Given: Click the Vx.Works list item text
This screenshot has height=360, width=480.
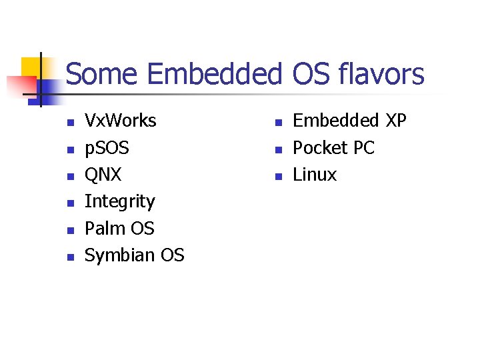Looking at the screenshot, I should click(x=121, y=121).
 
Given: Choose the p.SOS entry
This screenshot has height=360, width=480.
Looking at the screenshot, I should click(x=107, y=148).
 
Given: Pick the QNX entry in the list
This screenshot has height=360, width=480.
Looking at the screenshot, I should click(x=103, y=175).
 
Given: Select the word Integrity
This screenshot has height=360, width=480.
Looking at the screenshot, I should click(x=120, y=202).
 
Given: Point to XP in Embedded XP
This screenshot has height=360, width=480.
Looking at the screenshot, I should click(x=395, y=121).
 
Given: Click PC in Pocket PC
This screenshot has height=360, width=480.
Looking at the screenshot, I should click(x=364, y=148).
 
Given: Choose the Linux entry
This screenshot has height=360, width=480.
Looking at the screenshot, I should click(x=315, y=175).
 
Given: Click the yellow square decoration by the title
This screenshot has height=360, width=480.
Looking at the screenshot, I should click(x=30, y=67).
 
